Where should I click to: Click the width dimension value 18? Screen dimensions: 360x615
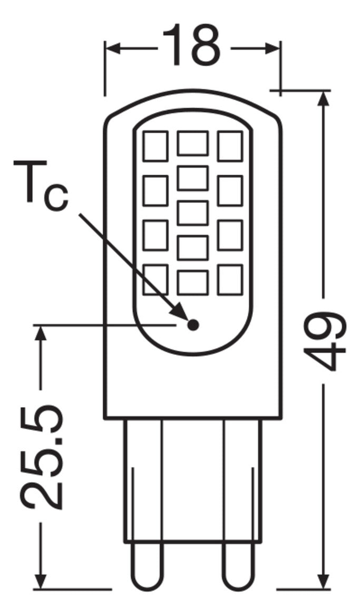(191, 46)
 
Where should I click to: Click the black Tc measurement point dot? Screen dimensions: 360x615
(192, 324)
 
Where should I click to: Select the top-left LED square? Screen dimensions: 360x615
(155, 146)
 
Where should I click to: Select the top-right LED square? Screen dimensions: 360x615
(230, 146)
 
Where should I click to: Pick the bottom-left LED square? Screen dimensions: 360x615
(155, 280)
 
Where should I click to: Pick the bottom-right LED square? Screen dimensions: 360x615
(230, 280)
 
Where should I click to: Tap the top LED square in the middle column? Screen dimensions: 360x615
(192, 143)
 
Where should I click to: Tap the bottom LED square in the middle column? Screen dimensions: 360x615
(192, 282)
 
